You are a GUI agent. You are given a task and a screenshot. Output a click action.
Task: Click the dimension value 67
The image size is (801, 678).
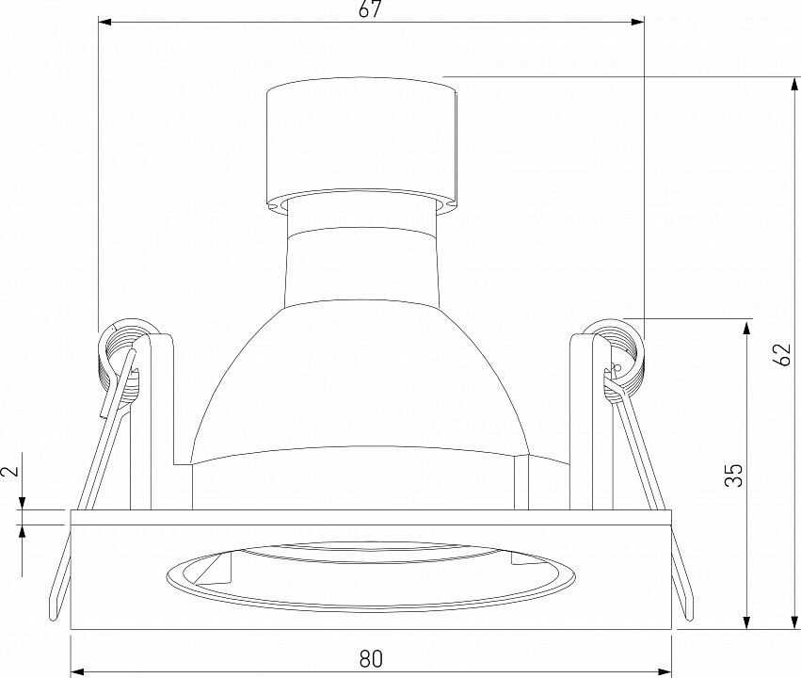coord(370,9)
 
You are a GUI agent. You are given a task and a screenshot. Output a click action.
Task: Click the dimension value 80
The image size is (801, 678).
coord(371,659)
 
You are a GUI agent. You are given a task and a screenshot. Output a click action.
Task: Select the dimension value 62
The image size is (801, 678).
coord(782,354)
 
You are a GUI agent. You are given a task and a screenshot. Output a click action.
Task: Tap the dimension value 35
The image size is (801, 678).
coord(734,476)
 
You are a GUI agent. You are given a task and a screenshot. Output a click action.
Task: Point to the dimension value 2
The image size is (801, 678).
coord(11,471)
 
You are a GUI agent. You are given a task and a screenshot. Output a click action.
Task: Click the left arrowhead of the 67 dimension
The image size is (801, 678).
coord(104,22)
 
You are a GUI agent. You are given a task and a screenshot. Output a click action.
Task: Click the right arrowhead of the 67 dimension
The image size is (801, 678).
coord(637,22)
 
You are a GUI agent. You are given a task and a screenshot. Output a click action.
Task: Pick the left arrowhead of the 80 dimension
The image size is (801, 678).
coord(76,670)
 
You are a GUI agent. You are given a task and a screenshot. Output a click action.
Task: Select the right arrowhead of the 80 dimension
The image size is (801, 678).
coord(665,670)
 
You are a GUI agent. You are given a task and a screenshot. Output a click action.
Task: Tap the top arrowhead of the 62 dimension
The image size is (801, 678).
coord(794,85)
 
